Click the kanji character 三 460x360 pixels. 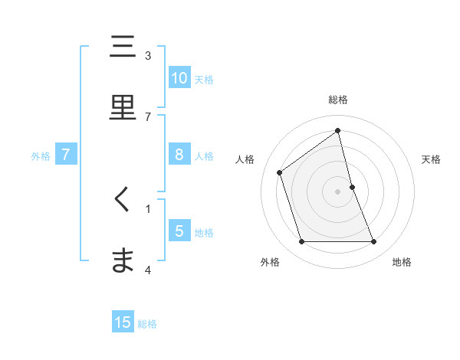coord(123,47)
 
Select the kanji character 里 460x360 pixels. coord(123,108)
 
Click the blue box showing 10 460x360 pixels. coord(179,78)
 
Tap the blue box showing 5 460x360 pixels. coord(179,231)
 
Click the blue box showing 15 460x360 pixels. coord(123,322)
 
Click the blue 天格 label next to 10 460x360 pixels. coord(204,79)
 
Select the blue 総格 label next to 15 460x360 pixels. coord(147,323)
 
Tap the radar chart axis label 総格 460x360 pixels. coord(338,100)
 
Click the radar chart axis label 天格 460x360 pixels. coord(432,159)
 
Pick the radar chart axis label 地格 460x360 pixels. coord(402,262)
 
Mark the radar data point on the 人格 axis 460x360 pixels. coord(280,172)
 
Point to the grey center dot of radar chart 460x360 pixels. coord(338,191)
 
